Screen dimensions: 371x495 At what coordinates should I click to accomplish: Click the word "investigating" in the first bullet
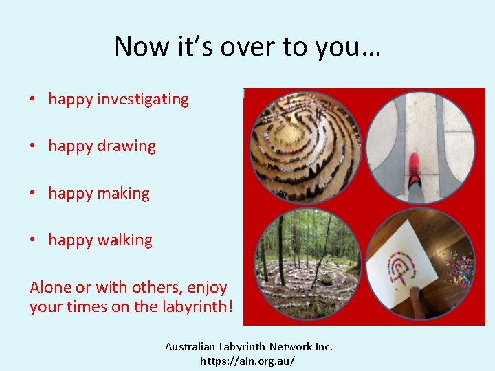[142, 100]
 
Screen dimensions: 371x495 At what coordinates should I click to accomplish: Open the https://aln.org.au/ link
[247, 360]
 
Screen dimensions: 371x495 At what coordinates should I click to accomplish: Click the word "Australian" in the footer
[190, 347]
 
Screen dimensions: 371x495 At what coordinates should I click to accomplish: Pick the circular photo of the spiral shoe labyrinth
[305, 146]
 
